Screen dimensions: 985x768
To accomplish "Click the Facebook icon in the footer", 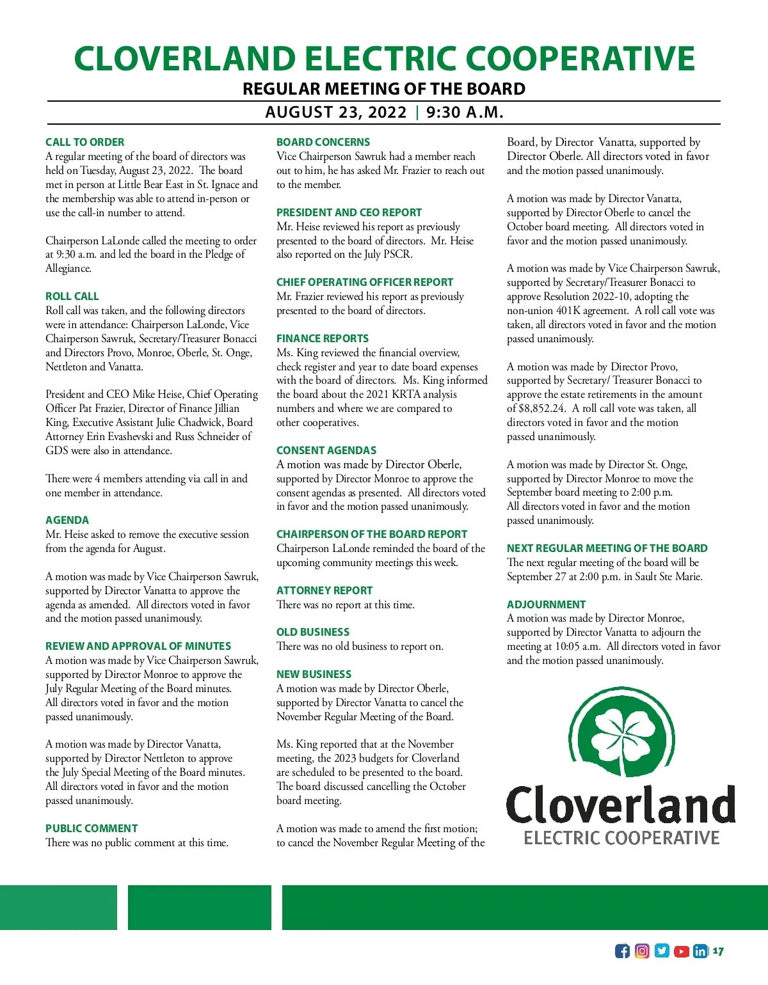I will point(622,951).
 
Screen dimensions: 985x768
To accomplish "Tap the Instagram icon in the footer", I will point(642,951).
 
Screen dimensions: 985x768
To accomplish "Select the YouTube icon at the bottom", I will point(682,951).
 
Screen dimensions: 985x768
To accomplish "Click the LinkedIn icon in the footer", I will point(700,951).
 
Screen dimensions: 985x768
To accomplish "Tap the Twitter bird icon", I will point(662,951).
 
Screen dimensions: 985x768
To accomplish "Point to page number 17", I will point(718,952).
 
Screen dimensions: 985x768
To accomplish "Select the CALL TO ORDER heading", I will point(84,142).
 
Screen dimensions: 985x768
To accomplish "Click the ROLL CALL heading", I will point(72,296).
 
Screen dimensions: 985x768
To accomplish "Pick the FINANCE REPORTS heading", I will point(323,338).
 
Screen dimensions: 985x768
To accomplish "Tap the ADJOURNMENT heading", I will point(546,604).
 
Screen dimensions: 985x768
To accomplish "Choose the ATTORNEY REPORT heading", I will point(324,590).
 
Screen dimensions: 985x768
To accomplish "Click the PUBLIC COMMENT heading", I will point(92,828).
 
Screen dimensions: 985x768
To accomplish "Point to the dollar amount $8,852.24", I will point(541,409).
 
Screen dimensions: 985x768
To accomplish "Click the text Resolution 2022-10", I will point(586,297).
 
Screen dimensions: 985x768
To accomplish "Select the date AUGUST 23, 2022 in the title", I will point(336,113).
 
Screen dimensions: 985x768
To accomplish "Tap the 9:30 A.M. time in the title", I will point(465,113).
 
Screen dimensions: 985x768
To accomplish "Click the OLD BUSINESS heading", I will point(313,632).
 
